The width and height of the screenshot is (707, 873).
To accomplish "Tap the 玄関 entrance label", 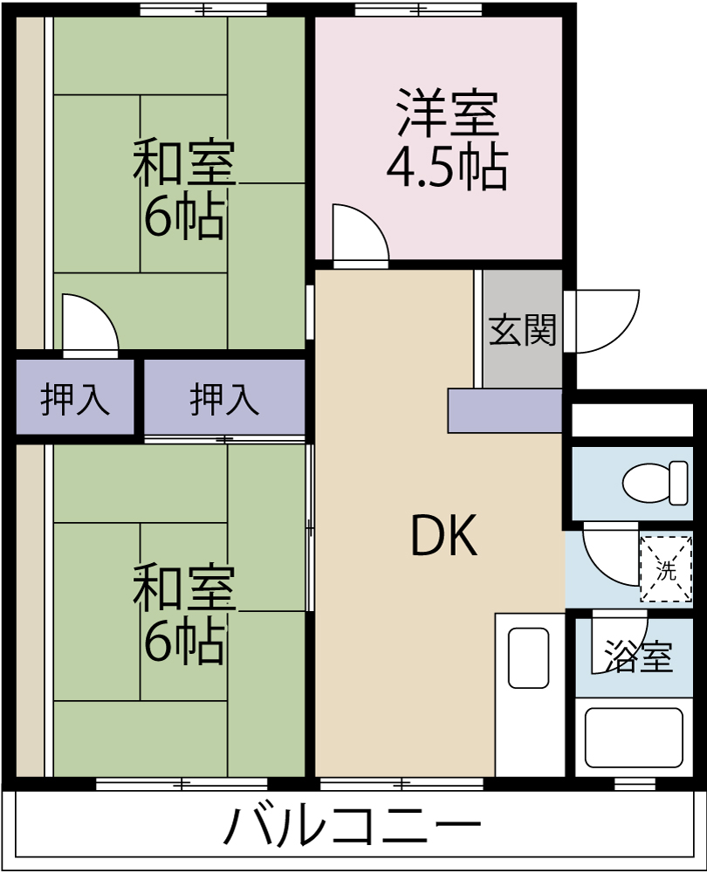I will (522, 330).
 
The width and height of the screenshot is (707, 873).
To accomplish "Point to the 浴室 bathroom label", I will (639, 656).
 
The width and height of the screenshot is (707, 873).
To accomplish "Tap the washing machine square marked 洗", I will (666, 570).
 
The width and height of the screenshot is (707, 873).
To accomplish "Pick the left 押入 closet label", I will (75, 400).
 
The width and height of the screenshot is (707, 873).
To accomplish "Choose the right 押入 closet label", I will (224, 400).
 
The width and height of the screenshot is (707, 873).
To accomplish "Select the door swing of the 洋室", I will (358, 236).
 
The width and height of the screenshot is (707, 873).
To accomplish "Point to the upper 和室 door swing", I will (87, 326).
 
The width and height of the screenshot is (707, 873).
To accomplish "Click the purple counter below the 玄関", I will (505, 411).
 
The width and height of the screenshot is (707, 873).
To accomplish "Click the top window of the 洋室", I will (418, 10).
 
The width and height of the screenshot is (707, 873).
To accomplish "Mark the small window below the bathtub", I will (635, 783).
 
